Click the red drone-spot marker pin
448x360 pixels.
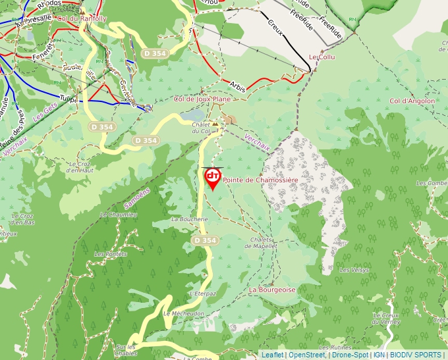click(213, 178)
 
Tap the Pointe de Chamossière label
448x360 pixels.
click(260, 180)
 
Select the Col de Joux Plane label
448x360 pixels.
click(202, 99)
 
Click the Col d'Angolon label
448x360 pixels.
click(412, 101)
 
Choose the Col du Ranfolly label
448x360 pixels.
click(82, 18)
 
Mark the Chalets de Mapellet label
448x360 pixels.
click(261, 242)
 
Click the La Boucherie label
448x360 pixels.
click(185, 219)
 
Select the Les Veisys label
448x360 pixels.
click(354, 270)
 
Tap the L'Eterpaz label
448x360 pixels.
click(202, 294)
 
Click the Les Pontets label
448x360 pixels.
click(111, 253)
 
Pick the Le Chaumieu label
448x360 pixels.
click(119, 215)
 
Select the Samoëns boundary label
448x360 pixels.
click(137, 199)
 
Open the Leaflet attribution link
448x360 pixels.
click(272, 355)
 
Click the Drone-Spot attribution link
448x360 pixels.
click(350, 355)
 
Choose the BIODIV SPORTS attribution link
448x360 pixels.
click(415, 355)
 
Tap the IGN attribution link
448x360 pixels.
click(379, 355)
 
